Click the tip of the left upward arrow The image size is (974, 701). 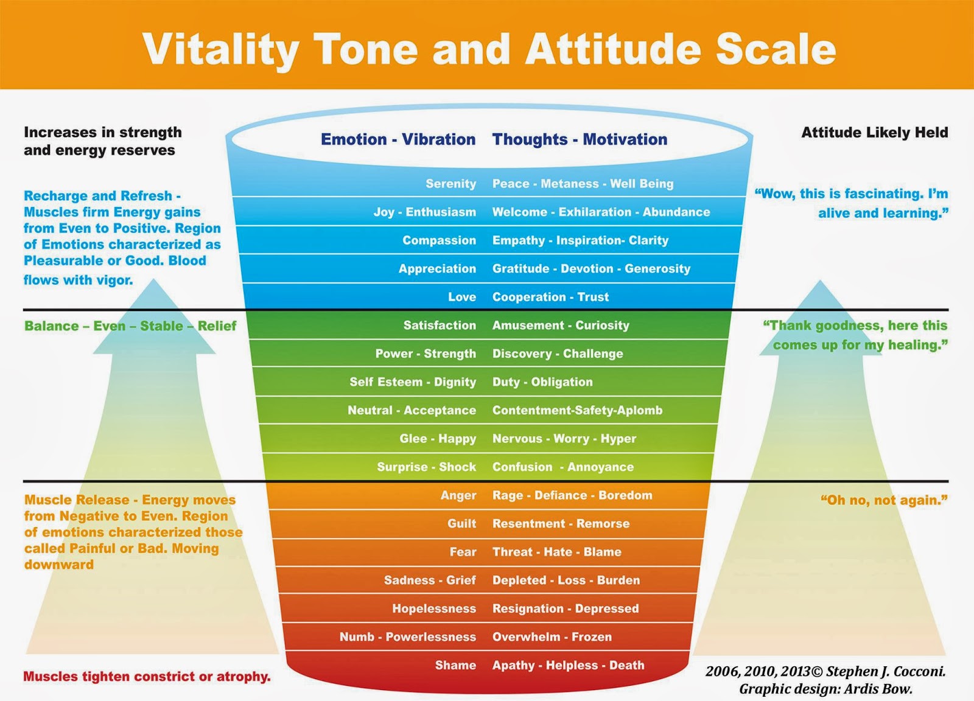coord(153,279)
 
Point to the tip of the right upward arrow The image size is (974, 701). coord(820,281)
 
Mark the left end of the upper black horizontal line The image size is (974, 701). coord(23,310)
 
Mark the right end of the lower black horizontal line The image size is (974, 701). coord(949,481)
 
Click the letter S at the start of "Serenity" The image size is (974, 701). coord(430,184)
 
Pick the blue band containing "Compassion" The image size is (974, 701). coord(487,240)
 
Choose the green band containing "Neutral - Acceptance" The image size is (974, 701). coord(487,410)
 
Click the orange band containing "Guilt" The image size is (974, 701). coord(488,524)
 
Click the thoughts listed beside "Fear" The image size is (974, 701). coord(556,552)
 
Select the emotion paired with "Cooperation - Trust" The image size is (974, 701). coord(462,297)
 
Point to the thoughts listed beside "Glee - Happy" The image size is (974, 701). coord(564,439)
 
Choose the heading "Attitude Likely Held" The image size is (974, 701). coord(874,133)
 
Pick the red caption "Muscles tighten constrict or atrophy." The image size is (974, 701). coord(147,677)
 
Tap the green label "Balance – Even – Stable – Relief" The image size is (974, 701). coord(130,326)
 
